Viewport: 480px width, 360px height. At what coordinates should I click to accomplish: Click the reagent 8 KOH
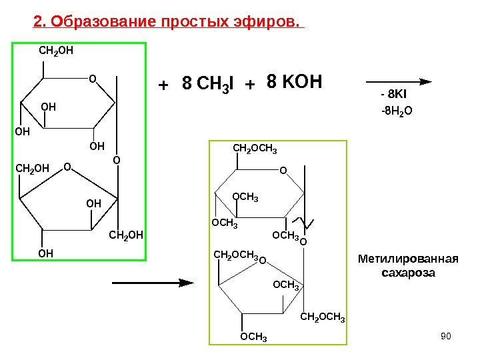[x=294, y=83]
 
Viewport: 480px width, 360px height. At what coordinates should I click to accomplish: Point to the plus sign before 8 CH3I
[x=161, y=85]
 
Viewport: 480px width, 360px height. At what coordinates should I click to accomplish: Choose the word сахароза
[x=407, y=273]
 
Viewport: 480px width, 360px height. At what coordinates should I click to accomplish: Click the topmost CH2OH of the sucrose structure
[x=55, y=50]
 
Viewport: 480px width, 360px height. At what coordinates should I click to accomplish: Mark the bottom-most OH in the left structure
[x=45, y=253]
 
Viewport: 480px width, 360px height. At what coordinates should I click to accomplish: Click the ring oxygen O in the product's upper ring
[x=283, y=172]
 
